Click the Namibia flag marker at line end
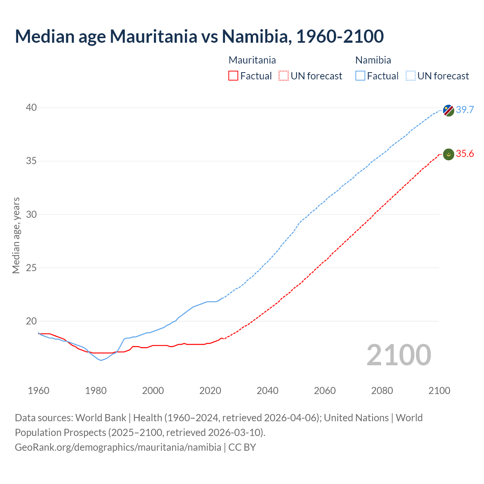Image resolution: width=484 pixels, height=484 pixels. point(448,110)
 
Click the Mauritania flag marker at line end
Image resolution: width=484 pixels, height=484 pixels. point(448,154)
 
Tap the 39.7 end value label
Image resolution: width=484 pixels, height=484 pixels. point(465,110)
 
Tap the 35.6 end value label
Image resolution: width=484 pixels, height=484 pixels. point(465,154)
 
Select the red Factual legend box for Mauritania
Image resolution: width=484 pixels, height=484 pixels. point(233,76)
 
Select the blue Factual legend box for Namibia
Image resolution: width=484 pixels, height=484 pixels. point(360,76)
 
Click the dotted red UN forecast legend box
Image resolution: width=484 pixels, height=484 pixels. point(284,76)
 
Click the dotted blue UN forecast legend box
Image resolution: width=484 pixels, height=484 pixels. point(410,76)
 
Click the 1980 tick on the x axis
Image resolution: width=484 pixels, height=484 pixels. point(96,391)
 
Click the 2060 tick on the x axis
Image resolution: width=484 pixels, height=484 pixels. point(325,391)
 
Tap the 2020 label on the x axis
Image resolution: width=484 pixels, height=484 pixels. point(210,391)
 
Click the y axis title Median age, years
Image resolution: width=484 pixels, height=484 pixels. point(16,235)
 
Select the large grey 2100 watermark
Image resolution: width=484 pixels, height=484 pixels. point(399,355)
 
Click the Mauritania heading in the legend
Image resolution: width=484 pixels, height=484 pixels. point(252,60)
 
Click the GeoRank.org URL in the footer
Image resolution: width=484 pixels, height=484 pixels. point(118,447)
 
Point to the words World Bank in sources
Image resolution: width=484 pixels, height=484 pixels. point(101,418)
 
